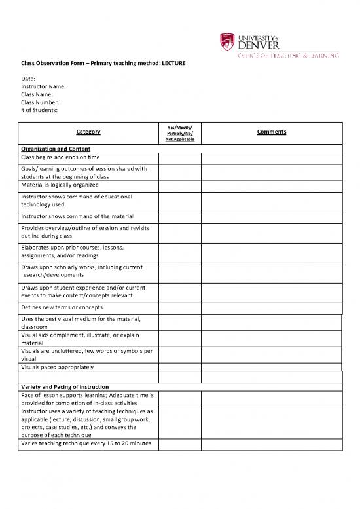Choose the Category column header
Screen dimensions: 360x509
pos(88,132)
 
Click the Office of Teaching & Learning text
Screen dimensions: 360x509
pos(289,56)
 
